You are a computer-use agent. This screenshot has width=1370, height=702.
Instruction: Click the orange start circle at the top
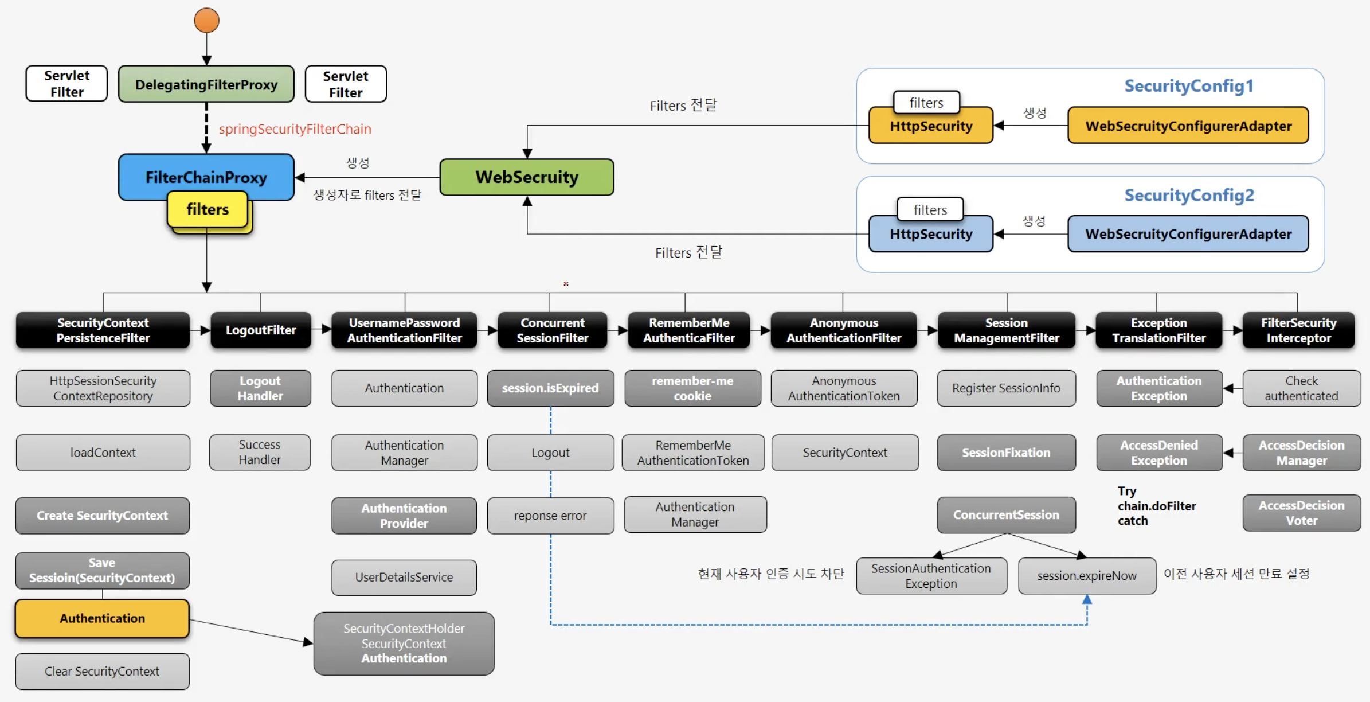tap(206, 20)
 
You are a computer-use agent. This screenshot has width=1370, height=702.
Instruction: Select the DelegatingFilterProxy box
tap(206, 84)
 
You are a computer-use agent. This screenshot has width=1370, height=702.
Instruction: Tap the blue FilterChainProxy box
tap(206, 177)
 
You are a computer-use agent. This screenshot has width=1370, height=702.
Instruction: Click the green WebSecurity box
tap(527, 177)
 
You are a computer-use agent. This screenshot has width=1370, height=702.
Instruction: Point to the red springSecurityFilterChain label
tap(295, 129)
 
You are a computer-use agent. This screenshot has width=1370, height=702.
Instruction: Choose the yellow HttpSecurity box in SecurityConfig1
tap(931, 126)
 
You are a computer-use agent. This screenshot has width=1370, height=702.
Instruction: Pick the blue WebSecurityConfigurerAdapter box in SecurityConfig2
tap(1188, 234)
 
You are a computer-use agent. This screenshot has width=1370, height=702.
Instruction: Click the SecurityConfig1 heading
tap(1189, 86)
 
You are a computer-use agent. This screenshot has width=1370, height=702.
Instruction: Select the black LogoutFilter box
tap(261, 330)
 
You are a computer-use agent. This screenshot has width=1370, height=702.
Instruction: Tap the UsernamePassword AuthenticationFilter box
tap(404, 330)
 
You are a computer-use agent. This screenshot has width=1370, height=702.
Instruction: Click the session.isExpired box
tap(550, 388)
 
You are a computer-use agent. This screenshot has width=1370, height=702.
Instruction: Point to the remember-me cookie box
tap(692, 388)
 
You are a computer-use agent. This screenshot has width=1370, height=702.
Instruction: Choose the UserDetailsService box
tap(404, 577)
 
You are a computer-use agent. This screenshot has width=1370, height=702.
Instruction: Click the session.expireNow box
tap(1087, 576)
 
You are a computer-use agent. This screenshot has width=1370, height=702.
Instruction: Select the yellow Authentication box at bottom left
tap(103, 618)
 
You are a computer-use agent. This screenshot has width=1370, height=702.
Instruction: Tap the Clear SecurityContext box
tap(103, 671)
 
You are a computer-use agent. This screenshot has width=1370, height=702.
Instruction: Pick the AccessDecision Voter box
tap(1301, 513)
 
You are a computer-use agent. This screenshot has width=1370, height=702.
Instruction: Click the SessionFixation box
tap(1006, 453)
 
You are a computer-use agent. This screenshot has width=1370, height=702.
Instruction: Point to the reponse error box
tap(550, 516)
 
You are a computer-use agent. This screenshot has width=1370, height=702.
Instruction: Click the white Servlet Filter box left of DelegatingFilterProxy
tap(66, 84)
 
